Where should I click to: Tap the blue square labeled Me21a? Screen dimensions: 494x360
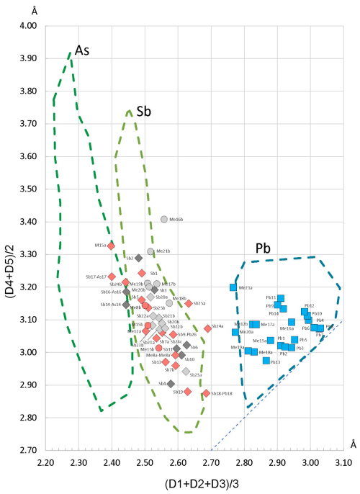[233, 287]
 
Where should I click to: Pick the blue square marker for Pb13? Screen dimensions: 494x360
[266, 360]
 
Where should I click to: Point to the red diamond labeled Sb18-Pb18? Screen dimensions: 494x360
[206, 393]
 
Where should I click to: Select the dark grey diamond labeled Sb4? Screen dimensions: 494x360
[171, 384]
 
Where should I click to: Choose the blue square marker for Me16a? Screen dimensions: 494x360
[292, 322]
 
